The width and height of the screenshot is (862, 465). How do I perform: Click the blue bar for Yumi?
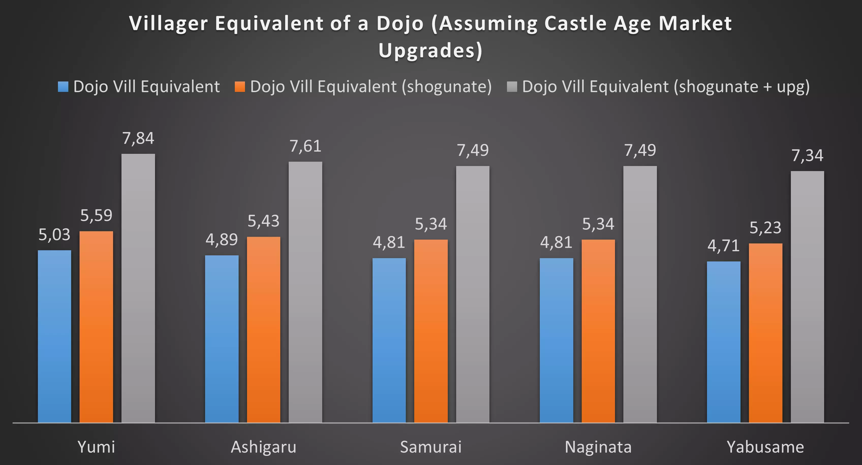pyautogui.click(x=55, y=336)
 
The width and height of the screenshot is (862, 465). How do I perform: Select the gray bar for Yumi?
pyautogui.click(x=138, y=288)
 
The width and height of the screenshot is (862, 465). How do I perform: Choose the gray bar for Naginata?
pyautogui.click(x=640, y=294)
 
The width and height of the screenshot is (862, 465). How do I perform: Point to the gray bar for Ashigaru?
pyautogui.click(x=305, y=292)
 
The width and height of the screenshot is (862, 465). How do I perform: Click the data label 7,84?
pyautogui.click(x=138, y=138)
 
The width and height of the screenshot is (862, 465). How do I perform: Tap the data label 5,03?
pyautogui.click(x=55, y=235)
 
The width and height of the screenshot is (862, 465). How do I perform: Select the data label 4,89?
pyautogui.click(x=222, y=240)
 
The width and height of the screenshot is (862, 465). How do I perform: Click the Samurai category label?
pyautogui.click(x=431, y=447)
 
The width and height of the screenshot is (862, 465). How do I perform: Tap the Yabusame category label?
pyautogui.click(x=765, y=447)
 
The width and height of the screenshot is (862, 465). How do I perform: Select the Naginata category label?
pyautogui.click(x=598, y=447)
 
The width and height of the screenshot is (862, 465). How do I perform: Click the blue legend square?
pyautogui.click(x=63, y=87)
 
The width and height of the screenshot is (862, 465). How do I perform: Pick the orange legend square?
pyautogui.click(x=240, y=87)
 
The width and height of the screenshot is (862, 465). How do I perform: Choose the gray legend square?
pyautogui.click(x=512, y=87)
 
